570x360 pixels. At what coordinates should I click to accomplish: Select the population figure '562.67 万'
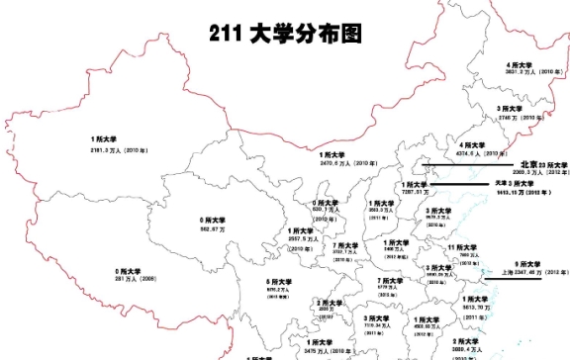pos(213,228)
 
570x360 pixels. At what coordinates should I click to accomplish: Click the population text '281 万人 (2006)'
pos(137,279)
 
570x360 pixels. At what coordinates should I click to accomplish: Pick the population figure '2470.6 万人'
pos(342,162)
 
